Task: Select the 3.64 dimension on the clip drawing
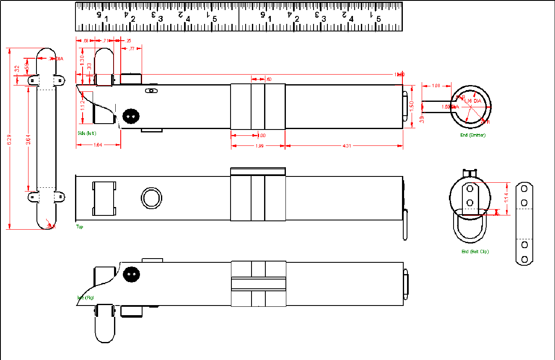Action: (x=28, y=139)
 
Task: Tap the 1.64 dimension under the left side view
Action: (x=98, y=145)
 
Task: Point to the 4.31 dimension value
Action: (x=347, y=146)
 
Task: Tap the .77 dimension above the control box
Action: (x=132, y=49)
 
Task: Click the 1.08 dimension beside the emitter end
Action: (x=436, y=86)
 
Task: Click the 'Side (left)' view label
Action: (x=87, y=134)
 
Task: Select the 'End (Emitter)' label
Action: (x=472, y=135)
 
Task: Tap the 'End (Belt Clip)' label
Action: (x=475, y=251)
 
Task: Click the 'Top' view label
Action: (x=80, y=227)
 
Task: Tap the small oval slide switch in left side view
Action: (x=151, y=91)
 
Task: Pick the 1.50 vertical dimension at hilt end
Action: (x=412, y=106)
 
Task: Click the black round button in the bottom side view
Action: (x=131, y=274)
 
